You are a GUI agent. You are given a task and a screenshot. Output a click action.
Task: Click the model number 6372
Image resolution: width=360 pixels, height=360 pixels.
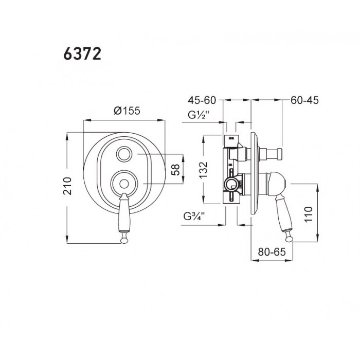(x=82, y=55)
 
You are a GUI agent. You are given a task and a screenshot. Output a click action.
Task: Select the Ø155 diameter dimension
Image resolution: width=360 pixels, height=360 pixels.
(x=127, y=111)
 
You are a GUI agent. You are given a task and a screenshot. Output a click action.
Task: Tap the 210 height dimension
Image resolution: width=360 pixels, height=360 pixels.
(x=68, y=186)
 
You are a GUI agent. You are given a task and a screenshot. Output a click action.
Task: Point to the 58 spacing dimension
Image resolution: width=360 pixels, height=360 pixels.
(x=176, y=169)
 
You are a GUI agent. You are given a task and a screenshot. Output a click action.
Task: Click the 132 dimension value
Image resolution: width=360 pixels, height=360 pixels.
(x=204, y=170)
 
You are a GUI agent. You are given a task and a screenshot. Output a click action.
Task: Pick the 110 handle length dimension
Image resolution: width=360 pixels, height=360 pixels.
(x=309, y=214)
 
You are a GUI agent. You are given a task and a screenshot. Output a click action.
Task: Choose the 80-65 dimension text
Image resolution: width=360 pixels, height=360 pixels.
(x=272, y=252)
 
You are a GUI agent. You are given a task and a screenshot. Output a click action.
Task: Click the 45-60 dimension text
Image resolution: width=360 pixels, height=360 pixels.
(x=202, y=100)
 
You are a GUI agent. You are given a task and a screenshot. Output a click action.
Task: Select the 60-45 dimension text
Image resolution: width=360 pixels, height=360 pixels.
(x=304, y=100)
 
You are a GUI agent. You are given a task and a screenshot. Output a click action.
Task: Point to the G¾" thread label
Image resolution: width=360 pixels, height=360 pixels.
(x=194, y=217)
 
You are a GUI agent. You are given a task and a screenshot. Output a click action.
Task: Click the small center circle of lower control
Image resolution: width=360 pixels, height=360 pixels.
(x=124, y=184)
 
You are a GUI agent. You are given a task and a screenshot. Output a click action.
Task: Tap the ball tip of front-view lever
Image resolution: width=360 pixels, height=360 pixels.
(x=124, y=240)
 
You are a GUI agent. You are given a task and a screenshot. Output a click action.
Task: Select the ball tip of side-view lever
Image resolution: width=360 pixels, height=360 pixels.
(x=289, y=239)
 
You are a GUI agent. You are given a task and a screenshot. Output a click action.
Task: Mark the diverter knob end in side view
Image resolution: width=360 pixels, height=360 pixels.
(x=280, y=154)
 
